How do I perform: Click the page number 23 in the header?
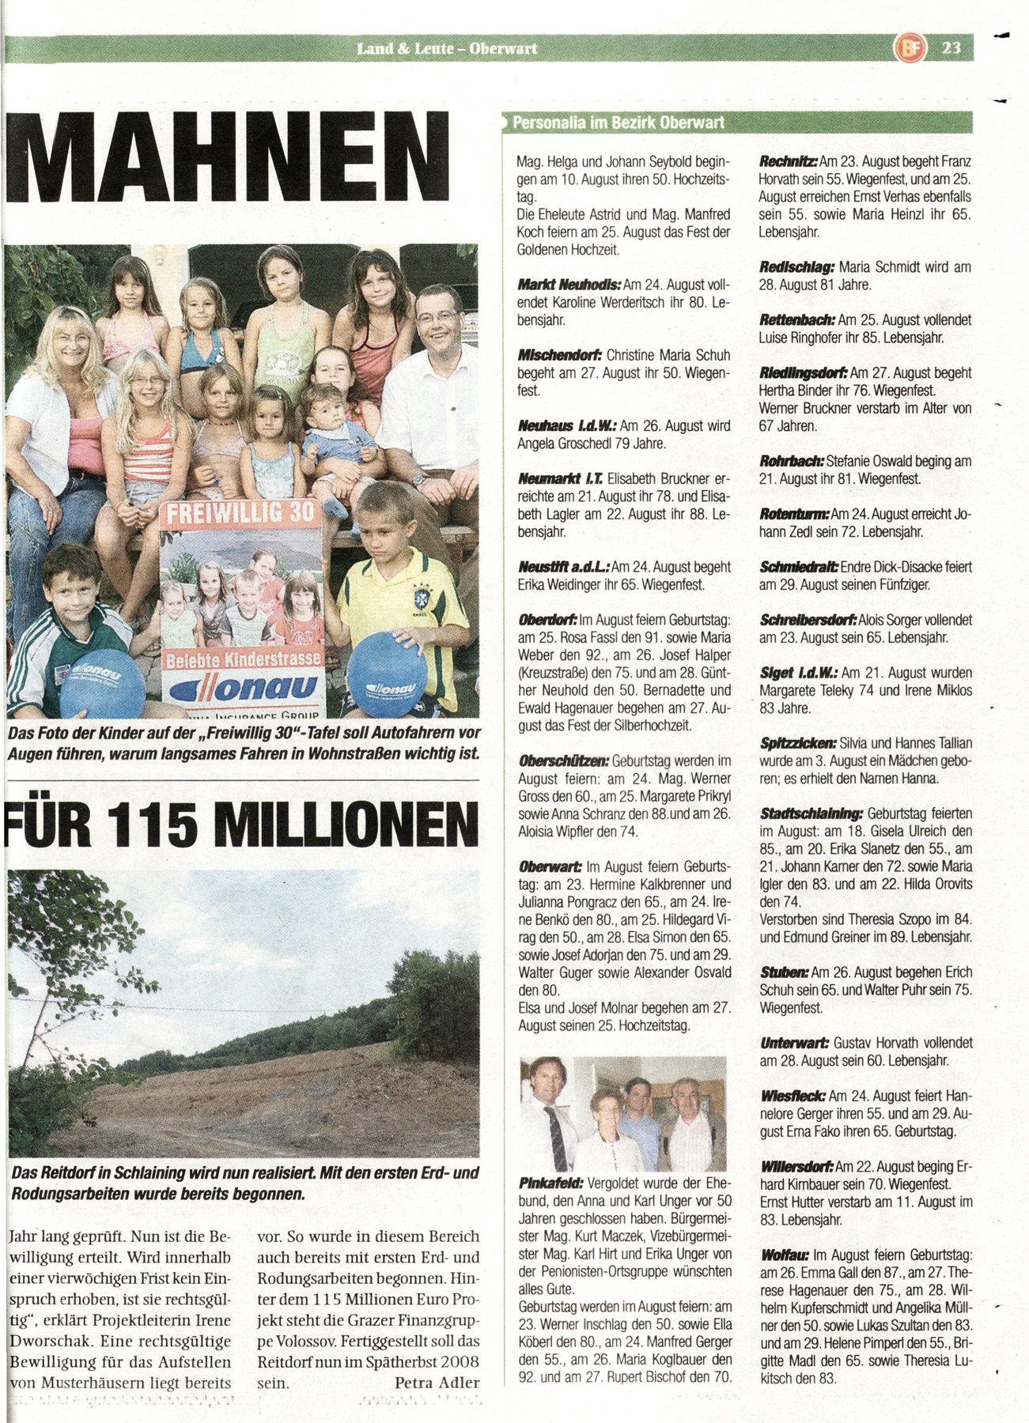pyautogui.click(x=951, y=48)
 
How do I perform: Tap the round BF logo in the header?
pyautogui.click(x=907, y=48)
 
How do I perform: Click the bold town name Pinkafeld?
pyautogui.click(x=550, y=1183)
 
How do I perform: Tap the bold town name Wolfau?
pyautogui.click(x=784, y=1255)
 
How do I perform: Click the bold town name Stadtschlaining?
pyautogui.click(x=811, y=813)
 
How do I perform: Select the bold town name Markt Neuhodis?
pyautogui.click(x=569, y=285)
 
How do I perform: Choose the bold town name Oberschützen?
pyautogui.click(x=562, y=761)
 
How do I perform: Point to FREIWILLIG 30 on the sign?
pyautogui.click(x=240, y=513)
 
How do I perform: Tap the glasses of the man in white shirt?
pyautogui.click(x=436, y=317)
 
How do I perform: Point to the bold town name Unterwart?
pyautogui.click(x=794, y=1043)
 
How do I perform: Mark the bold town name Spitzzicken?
pyautogui.click(x=798, y=743)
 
